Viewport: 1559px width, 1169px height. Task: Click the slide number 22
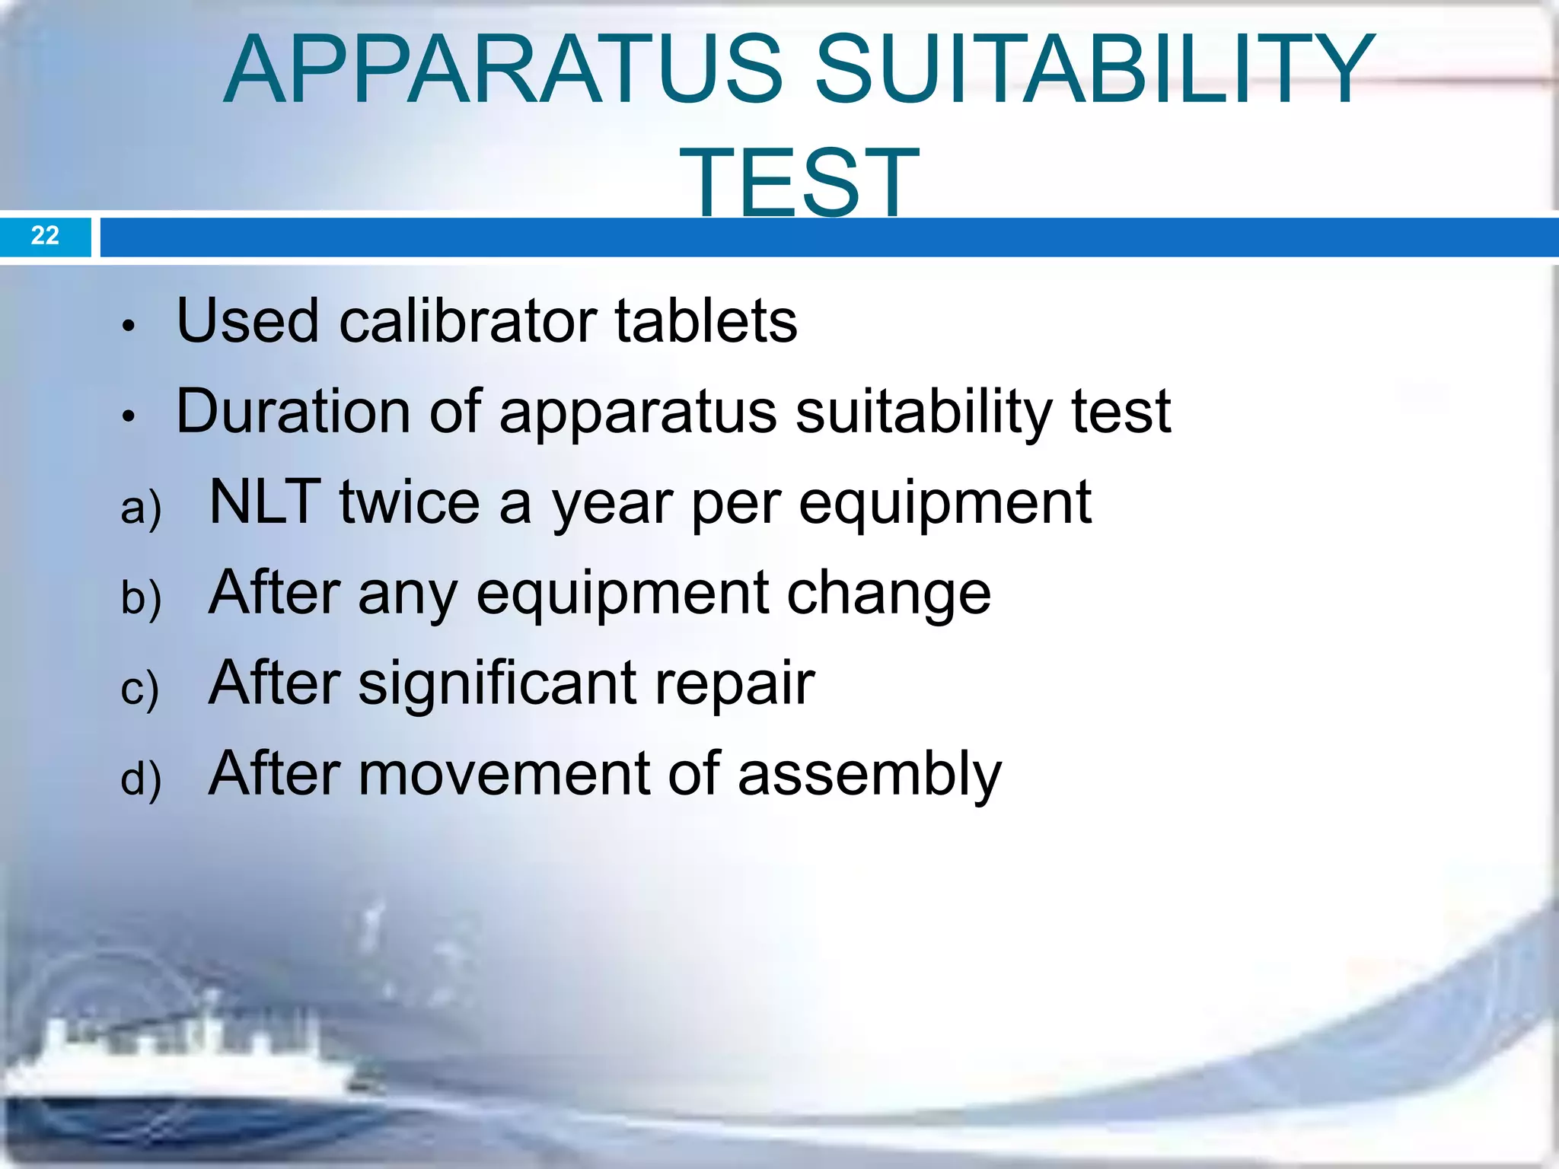[x=45, y=235]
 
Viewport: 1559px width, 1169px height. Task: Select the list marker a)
[x=141, y=508]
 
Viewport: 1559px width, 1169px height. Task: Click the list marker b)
[x=141, y=598]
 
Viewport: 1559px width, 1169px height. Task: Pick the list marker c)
[x=139, y=689]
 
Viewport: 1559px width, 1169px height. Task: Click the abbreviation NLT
[x=264, y=502]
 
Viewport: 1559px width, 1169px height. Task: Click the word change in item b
[x=888, y=594]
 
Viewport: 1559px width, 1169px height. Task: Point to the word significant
[x=497, y=683]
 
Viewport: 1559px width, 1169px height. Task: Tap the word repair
[x=735, y=683]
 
